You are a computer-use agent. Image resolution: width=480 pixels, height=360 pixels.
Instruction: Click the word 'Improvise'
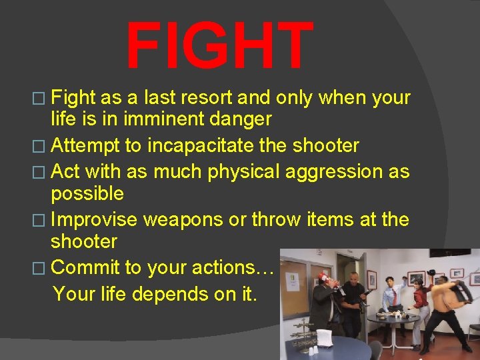click(x=93, y=219)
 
